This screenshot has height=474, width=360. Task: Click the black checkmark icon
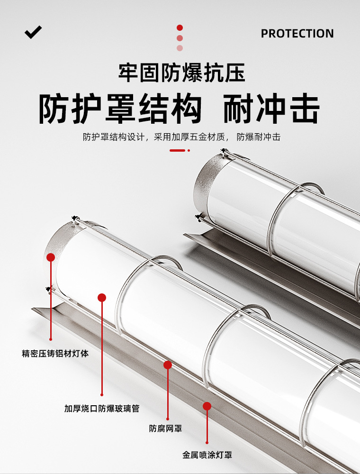pos(33,32)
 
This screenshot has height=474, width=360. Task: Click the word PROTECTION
pos(297,34)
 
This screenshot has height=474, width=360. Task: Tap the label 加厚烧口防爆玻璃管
pos(102,408)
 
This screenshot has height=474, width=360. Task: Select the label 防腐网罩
pos(166,428)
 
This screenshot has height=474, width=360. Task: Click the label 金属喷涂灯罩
pos(207,455)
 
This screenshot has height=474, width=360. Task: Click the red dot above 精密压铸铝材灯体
pos(51,257)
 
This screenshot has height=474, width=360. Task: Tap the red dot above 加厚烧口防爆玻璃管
pos(102,298)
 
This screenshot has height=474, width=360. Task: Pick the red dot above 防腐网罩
pos(167,365)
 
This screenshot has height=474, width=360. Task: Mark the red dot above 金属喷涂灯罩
pos(207,406)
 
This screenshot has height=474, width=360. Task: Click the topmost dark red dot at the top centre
pos(180,28)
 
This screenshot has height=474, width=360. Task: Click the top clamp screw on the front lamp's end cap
pos(74,219)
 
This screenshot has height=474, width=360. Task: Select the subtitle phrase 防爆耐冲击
pos(259,137)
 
